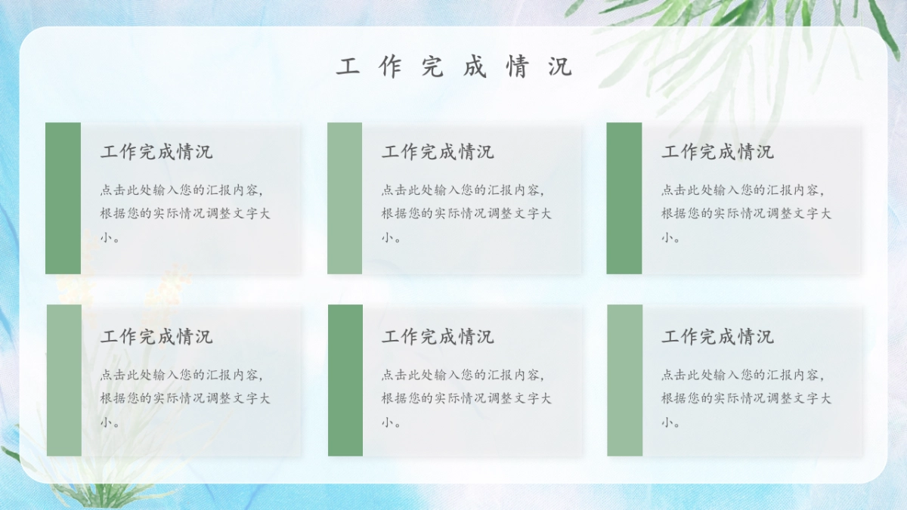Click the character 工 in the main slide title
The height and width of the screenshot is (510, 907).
(x=348, y=67)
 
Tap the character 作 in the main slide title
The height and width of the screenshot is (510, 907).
(x=390, y=67)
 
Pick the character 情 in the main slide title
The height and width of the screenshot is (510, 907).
(x=518, y=67)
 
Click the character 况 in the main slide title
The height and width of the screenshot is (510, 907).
(x=560, y=67)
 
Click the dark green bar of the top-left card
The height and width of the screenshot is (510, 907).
(x=63, y=198)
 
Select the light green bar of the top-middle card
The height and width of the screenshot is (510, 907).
(x=345, y=198)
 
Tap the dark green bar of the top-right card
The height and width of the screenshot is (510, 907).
(x=624, y=198)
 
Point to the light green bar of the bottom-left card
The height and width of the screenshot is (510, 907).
(x=64, y=380)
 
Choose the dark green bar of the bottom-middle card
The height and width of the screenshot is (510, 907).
(x=345, y=380)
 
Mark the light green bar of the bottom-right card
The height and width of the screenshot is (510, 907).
(x=624, y=380)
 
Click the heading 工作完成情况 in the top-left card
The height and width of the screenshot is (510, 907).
(x=156, y=152)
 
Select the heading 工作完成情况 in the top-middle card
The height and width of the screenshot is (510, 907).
(x=438, y=152)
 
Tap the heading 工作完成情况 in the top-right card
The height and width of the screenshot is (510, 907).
(x=718, y=152)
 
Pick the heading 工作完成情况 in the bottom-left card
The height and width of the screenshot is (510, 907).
(x=156, y=337)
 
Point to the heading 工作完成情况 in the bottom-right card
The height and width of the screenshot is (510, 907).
(x=718, y=337)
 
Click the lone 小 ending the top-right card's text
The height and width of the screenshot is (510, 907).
(x=667, y=237)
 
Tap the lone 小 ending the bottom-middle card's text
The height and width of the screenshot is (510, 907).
(x=387, y=422)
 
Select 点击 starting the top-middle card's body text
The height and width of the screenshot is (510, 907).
(x=394, y=190)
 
